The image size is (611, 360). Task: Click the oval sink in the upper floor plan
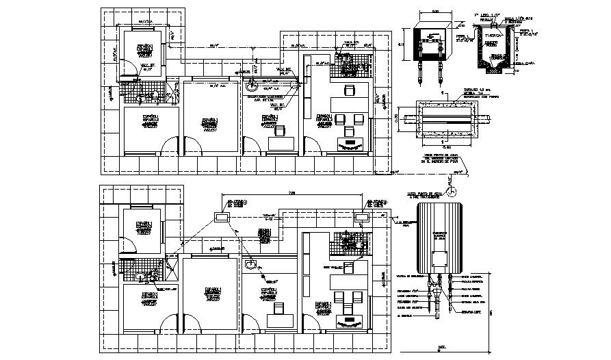point(253,86)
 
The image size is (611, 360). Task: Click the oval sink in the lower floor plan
point(251,263)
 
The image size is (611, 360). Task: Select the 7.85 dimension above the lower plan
point(292,194)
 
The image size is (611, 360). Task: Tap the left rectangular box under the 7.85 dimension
point(222,216)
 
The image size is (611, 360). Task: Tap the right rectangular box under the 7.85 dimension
point(361,216)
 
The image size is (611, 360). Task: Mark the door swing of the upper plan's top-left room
point(127,65)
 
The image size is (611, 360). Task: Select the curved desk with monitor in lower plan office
point(350,320)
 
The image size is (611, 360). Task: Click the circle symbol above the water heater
point(452,184)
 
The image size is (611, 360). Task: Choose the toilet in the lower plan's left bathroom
point(142,277)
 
